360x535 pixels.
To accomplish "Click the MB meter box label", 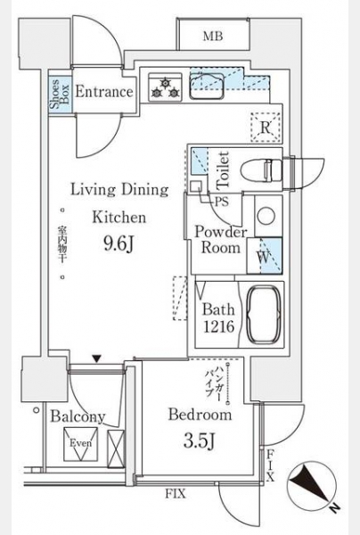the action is click(213, 36).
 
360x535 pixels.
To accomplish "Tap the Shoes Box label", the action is click(60, 94).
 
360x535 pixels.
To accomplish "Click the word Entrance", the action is click(104, 92).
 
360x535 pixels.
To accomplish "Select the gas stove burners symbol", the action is click(166, 87).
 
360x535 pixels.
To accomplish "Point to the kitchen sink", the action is click(207, 86).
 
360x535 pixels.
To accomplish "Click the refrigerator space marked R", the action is click(266, 128).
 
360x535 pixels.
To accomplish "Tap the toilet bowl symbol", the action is click(261, 169).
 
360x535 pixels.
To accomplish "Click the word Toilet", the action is click(223, 169).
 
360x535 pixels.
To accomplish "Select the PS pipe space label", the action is click(221, 202).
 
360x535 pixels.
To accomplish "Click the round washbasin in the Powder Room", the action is click(266, 217).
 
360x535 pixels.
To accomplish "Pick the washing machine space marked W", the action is click(264, 256).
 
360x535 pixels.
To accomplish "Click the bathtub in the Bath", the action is click(264, 315).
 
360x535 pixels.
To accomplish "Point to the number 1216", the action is click(218, 327).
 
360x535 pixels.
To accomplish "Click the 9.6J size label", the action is click(118, 243).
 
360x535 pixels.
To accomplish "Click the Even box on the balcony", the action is click(81, 444).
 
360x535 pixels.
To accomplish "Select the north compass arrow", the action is click(312, 484).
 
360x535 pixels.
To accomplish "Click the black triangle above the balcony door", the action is click(97, 359).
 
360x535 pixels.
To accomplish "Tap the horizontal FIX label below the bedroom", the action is click(176, 493).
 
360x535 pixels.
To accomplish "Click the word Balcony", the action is click(78, 417).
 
